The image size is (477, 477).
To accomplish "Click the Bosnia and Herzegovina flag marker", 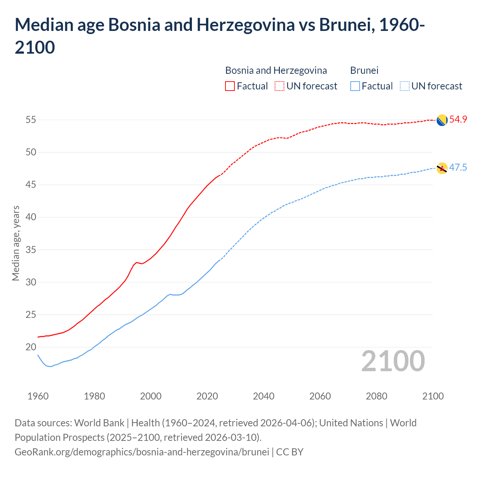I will click(x=442, y=120).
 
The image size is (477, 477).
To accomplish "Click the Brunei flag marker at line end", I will click(x=442, y=168).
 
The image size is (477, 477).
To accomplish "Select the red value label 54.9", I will click(x=458, y=120).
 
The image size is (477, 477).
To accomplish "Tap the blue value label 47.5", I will click(x=458, y=168).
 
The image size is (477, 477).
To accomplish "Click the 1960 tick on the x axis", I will click(x=38, y=396).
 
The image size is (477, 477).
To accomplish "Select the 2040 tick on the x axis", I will click(x=263, y=396).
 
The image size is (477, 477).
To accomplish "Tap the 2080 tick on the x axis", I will click(x=376, y=396).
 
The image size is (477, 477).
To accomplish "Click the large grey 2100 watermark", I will click(x=393, y=361).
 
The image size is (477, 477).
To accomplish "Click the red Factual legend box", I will click(x=230, y=86).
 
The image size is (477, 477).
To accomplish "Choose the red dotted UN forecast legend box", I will click(x=279, y=86).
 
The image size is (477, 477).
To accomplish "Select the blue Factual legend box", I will click(x=355, y=86).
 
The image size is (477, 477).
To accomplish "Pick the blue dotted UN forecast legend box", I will click(x=404, y=86).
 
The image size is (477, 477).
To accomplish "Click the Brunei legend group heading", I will click(x=364, y=70).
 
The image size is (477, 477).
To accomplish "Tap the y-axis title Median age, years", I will click(x=16, y=243).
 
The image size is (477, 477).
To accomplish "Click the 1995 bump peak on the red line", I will click(x=136, y=262).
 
